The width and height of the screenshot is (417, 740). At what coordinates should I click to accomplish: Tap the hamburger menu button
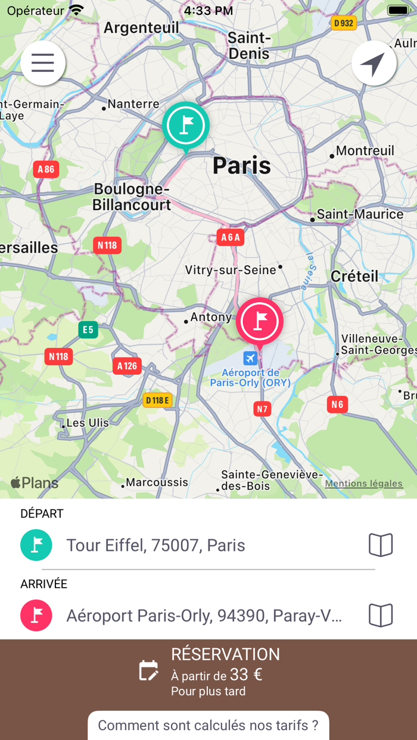click(43, 63)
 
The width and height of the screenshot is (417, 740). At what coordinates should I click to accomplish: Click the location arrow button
click(374, 63)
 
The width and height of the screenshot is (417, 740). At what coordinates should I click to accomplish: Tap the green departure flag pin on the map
click(186, 126)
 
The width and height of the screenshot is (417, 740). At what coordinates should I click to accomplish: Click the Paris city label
click(242, 165)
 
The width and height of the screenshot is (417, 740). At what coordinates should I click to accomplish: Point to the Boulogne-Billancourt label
click(132, 197)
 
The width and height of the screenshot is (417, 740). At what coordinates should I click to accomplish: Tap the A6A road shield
click(231, 237)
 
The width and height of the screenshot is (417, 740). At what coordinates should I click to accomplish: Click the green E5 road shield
click(88, 330)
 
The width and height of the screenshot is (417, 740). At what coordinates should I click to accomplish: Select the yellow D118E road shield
click(158, 400)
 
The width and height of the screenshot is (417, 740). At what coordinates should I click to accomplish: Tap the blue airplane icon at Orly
click(250, 358)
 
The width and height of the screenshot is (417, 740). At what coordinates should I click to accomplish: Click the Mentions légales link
click(363, 484)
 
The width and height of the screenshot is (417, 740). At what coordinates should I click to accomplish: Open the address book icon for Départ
click(381, 545)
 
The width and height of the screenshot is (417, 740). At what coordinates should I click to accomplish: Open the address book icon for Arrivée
click(381, 616)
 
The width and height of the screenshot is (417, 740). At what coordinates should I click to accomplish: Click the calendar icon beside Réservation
click(148, 671)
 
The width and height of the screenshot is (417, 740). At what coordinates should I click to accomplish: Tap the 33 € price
click(246, 675)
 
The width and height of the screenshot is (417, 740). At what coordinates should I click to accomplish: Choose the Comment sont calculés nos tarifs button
click(208, 725)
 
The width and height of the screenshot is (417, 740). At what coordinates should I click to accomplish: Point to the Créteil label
click(354, 276)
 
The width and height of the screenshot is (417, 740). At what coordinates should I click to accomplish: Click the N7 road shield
click(262, 409)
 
